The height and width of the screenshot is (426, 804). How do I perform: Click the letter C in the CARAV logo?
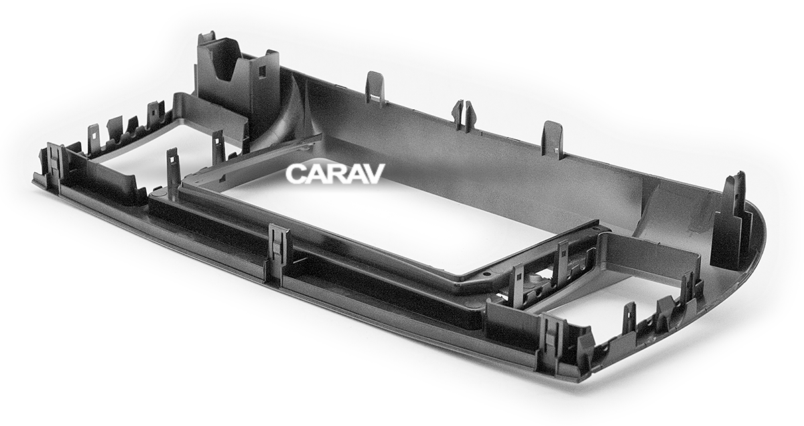[295, 174]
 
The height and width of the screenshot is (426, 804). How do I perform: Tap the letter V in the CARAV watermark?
[373, 174]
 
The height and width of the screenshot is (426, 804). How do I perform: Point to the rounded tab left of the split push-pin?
[375, 86]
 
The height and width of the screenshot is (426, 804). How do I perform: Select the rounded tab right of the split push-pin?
[552, 138]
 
